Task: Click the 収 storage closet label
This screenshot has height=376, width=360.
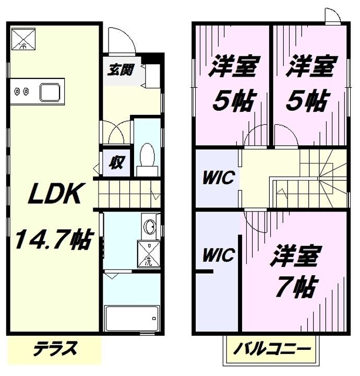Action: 116,163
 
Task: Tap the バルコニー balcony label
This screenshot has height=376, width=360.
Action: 271,347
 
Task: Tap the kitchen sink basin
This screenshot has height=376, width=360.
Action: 51,92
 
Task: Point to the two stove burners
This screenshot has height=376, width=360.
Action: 21,92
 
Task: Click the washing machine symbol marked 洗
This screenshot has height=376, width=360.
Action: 148,254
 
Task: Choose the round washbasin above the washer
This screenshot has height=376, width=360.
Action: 150,227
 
